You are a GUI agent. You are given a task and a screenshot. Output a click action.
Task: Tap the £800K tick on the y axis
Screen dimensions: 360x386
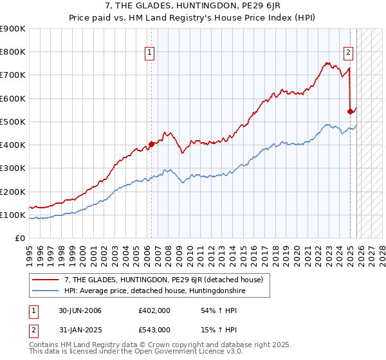13,52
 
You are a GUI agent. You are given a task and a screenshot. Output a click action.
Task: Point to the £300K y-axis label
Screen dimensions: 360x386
13,168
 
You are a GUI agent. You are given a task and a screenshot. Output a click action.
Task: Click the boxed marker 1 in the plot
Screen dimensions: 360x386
149,53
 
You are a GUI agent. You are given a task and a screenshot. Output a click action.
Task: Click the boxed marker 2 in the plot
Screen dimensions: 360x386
348,53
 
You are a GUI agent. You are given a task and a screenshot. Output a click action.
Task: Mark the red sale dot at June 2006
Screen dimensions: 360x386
152,145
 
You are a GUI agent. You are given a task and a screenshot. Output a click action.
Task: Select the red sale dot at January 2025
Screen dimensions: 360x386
350,111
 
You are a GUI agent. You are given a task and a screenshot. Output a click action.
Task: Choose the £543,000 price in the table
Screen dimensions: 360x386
154,329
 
